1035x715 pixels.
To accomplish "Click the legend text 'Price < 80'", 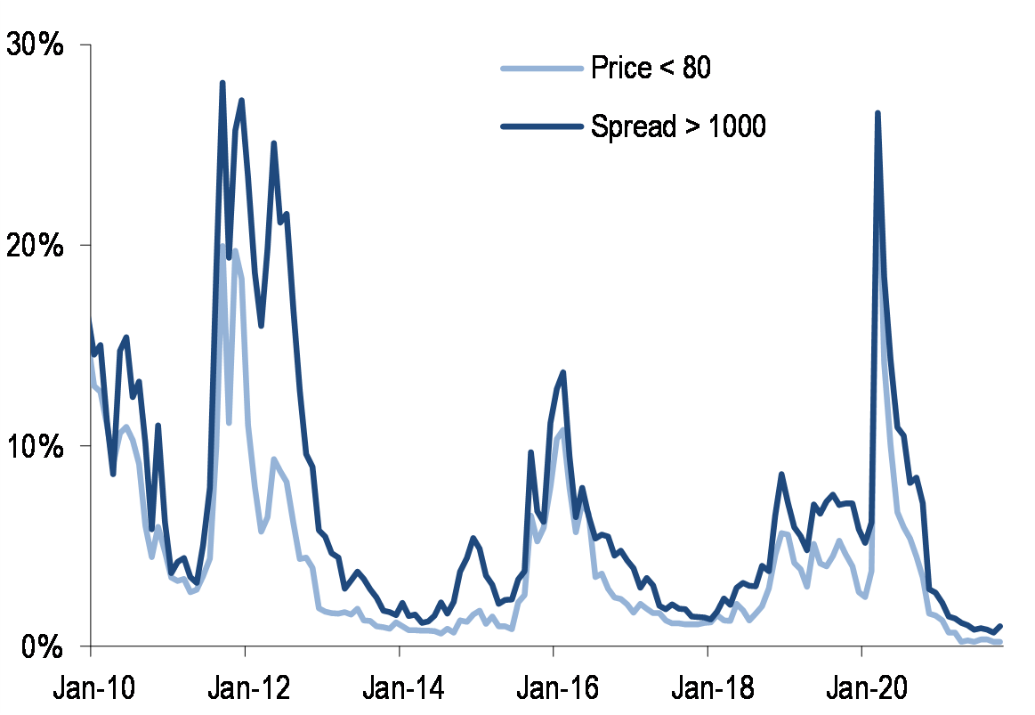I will pos(651,68).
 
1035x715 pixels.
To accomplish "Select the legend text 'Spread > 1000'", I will pos(678,126).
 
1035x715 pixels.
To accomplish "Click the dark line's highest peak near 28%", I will pos(222,84).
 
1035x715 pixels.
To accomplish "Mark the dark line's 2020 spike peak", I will pos(877,113).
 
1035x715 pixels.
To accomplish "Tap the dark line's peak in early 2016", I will pos(563,372).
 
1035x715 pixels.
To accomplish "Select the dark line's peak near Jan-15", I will pos(473,538).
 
